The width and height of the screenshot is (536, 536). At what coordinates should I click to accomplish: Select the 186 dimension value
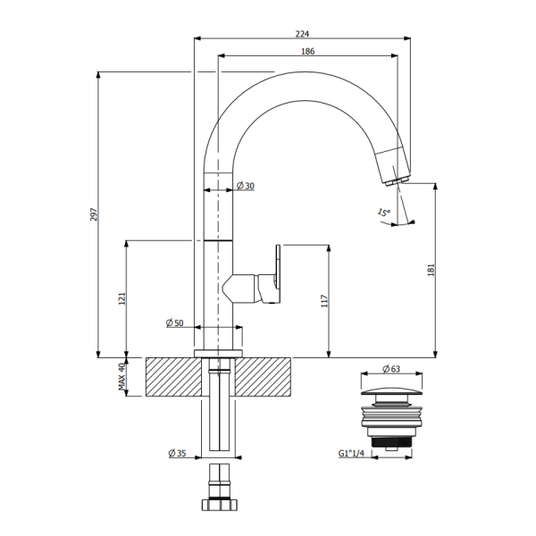coord(307,52)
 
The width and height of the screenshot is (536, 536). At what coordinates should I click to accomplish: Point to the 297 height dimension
coord(93,215)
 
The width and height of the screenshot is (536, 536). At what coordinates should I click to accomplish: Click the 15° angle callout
coord(383,213)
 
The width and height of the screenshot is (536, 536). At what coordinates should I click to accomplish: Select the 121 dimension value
coord(121,299)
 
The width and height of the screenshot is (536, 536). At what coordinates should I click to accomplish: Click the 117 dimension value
coord(325,302)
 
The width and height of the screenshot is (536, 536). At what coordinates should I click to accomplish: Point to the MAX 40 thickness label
coord(121,377)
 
